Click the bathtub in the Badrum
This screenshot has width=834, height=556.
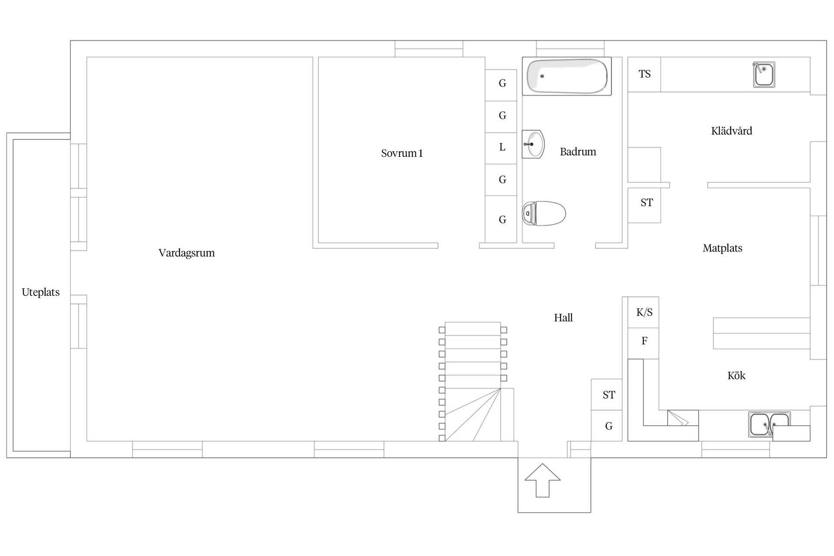(566, 76)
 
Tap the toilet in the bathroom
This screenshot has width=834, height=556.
(544, 213)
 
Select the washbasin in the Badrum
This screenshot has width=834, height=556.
(533, 144)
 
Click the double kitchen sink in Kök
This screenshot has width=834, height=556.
(769, 424)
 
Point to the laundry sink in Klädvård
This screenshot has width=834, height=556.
(764, 74)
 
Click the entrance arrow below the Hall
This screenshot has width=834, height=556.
(543, 480)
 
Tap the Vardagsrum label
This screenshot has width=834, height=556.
(186, 253)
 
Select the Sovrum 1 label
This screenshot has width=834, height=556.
(402, 153)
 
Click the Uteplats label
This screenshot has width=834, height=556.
(41, 292)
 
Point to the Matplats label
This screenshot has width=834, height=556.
(722, 248)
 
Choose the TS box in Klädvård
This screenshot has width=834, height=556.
(644, 74)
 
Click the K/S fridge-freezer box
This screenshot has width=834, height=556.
(643, 312)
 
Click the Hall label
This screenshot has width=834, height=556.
(563, 318)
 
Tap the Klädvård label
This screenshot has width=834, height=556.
(731, 131)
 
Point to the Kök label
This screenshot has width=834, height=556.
(736, 375)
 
